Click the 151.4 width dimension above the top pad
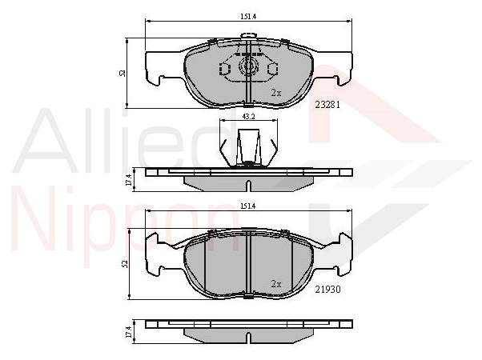pos(248,17)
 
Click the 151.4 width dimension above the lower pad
pos(248,206)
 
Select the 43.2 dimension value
pos(249,116)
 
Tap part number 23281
pos(327,105)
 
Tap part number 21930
pos(327,290)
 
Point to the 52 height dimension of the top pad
pos(123,74)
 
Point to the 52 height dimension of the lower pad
pos(125,264)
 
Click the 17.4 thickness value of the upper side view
pos(129,180)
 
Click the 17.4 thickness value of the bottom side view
pos(129,332)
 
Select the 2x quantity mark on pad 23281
pos(276,93)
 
